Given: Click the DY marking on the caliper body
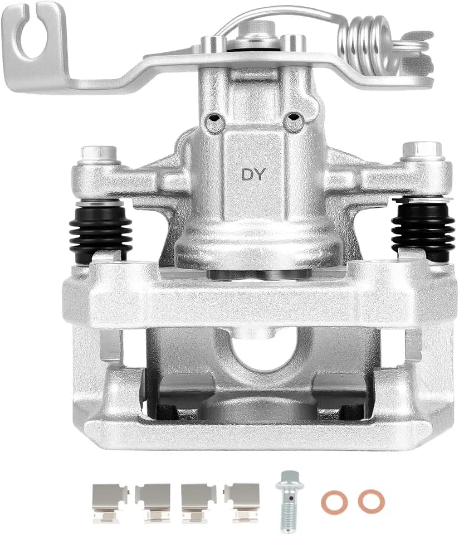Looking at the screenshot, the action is click(253, 174).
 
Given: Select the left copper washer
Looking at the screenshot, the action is click(335, 502).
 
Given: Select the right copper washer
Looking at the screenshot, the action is click(372, 501).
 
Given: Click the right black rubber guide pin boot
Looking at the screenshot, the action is click(423, 230).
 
